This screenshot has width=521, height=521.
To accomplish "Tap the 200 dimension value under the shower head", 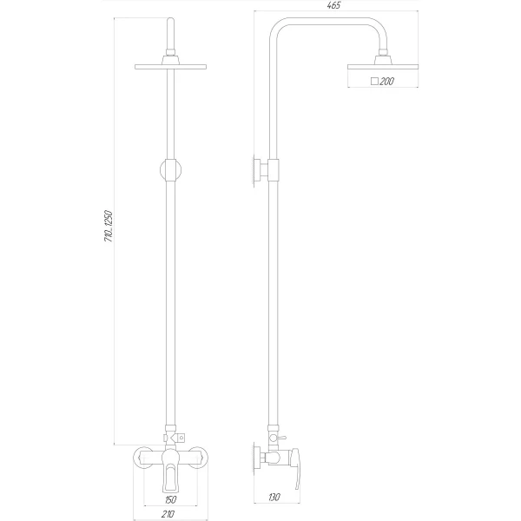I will click(x=386, y=81).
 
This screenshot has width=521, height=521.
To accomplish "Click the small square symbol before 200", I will click(x=373, y=81).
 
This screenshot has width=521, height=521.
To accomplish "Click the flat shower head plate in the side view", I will click(x=382, y=67).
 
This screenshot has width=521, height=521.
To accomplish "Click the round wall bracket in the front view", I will click(x=170, y=170).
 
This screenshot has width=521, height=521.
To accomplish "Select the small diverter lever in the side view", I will click(x=282, y=432).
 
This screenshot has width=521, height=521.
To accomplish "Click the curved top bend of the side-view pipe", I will click(x=280, y=26).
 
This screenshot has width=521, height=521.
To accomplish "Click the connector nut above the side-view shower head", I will click(x=382, y=59).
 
